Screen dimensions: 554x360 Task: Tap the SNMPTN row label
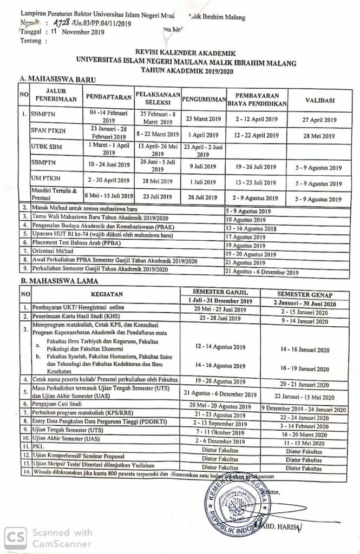(x=42, y=115)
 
